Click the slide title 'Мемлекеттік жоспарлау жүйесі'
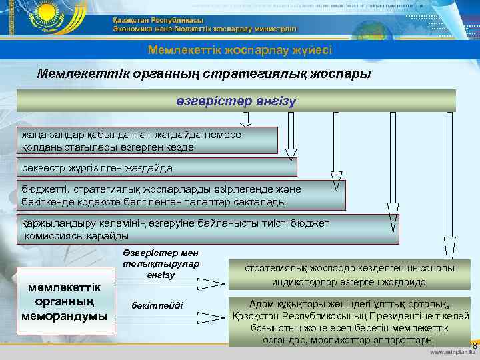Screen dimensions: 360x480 (x=240, y=50)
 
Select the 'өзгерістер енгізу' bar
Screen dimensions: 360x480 (x=236, y=101)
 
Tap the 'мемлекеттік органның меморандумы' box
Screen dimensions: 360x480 (x=64, y=301)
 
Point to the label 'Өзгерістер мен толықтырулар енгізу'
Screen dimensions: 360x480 (x=161, y=264)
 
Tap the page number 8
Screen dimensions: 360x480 (x=474, y=345)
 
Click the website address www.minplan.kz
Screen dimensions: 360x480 (x=453, y=352)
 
